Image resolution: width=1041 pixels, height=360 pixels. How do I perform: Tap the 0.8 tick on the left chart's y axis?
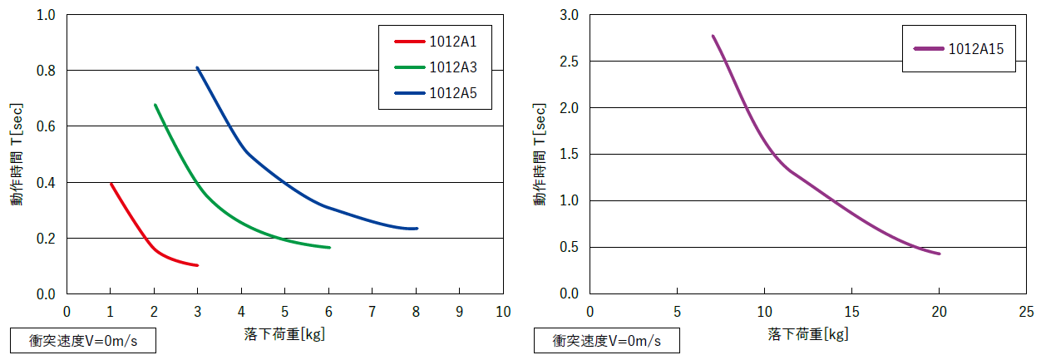coord(46,71)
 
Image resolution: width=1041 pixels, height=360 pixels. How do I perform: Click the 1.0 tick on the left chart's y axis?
coord(46,15)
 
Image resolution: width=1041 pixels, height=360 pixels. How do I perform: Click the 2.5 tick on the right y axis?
coord(569,62)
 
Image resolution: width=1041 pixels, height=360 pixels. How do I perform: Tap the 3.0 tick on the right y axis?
coord(569,15)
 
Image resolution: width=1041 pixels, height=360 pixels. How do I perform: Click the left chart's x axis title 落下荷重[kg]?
coord(284,334)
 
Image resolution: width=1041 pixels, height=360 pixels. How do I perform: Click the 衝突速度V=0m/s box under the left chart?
coord(82,341)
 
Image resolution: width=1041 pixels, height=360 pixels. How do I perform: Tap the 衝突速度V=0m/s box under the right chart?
coord(606,341)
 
